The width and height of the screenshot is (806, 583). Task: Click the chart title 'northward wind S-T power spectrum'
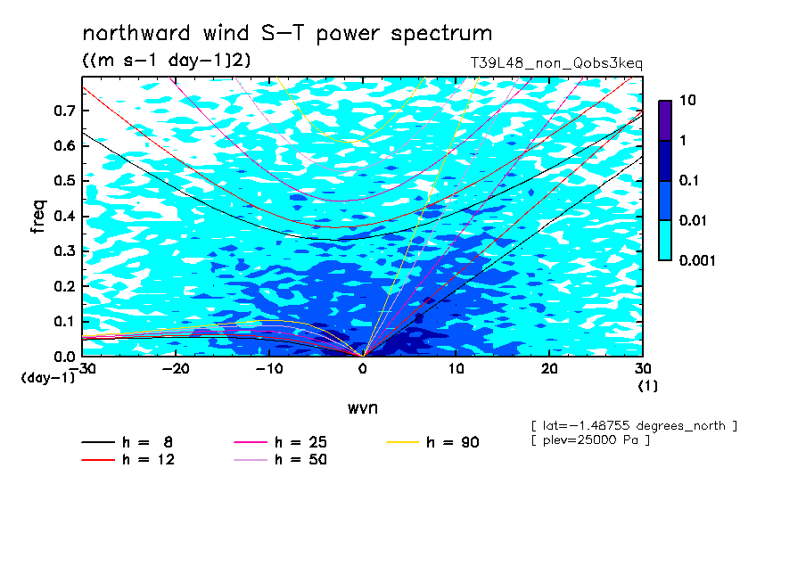click(287, 34)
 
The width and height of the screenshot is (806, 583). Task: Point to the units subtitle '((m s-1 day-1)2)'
click(167, 60)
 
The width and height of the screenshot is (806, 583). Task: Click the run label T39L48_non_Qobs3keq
click(556, 63)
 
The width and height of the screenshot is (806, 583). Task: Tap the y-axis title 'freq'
click(38, 217)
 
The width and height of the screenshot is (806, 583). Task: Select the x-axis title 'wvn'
click(363, 408)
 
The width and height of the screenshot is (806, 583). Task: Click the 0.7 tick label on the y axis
click(64, 111)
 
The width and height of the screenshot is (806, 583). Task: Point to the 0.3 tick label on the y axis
click(64, 250)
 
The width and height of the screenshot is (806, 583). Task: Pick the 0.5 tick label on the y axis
click(64, 181)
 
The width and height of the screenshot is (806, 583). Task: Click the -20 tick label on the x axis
click(176, 369)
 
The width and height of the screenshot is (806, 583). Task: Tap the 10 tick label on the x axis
click(456, 369)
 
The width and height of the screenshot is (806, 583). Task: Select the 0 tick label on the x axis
click(363, 369)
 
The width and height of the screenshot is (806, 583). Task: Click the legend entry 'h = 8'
click(127, 442)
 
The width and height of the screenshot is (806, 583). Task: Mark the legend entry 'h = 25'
click(280, 442)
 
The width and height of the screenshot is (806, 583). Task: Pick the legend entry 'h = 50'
click(280, 459)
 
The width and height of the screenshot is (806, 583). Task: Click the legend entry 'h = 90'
click(432, 442)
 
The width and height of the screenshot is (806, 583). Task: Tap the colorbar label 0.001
click(697, 260)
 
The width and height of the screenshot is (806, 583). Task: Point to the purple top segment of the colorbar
click(665, 121)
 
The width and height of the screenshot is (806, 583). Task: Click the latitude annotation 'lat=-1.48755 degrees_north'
click(634, 426)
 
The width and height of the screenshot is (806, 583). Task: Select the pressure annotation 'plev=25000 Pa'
click(590, 440)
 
